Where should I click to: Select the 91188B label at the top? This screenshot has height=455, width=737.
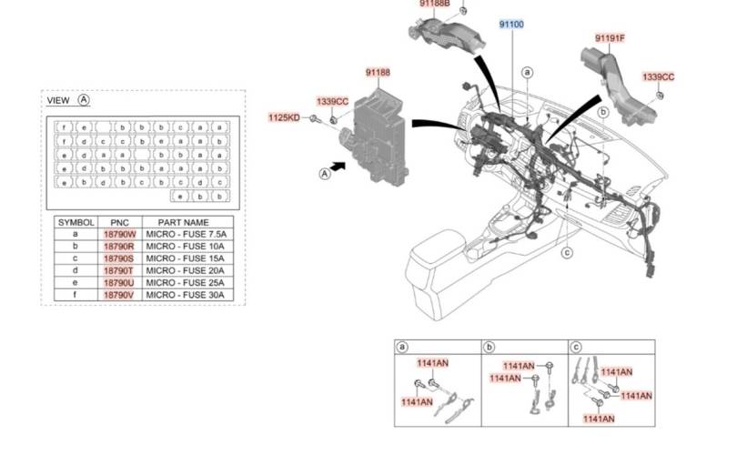[x=435, y=4]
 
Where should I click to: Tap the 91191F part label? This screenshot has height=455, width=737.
[x=610, y=38]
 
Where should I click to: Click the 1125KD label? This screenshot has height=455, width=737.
[x=283, y=117]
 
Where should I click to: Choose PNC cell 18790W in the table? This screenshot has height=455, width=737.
[x=118, y=235]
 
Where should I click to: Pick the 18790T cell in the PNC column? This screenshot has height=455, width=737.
[x=118, y=270]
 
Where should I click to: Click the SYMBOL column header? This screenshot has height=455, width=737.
[x=76, y=222]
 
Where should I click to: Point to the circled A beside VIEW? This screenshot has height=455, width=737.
[x=84, y=100]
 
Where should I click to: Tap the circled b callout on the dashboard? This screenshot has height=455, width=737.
[x=602, y=112]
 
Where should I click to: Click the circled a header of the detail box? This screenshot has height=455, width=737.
[x=402, y=347]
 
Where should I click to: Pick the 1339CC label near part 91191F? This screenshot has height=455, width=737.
[x=658, y=77]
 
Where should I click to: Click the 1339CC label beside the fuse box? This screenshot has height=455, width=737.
[x=332, y=101]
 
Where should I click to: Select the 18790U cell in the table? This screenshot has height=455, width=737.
[x=118, y=283]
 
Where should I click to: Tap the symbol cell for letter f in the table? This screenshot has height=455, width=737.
[x=76, y=295]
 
